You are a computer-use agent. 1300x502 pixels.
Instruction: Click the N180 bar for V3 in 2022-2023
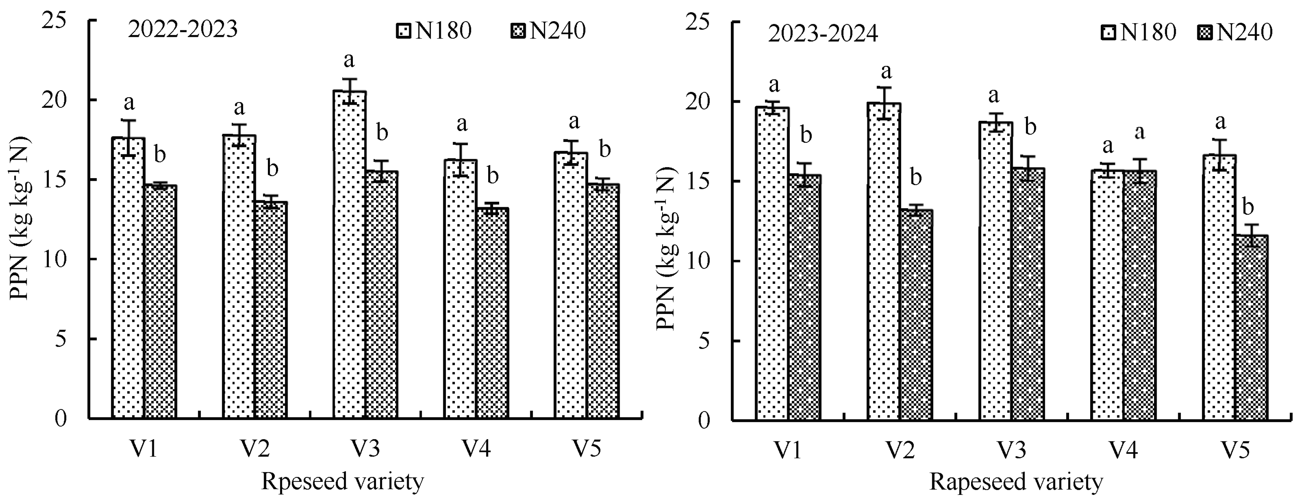(349, 255)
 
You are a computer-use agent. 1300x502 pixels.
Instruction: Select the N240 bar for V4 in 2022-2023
(492, 313)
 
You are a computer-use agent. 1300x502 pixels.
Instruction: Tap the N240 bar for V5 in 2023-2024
(1251, 328)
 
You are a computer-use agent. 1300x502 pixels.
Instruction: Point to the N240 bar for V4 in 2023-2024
(1140, 295)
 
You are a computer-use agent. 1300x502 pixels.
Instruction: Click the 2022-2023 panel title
(183, 30)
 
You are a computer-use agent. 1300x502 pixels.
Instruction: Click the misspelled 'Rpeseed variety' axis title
(342, 482)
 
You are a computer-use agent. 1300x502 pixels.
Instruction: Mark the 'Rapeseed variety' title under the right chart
(1016, 482)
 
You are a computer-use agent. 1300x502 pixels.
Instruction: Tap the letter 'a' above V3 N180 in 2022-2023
(349, 60)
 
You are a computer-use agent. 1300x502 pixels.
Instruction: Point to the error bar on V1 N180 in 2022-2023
(128, 138)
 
